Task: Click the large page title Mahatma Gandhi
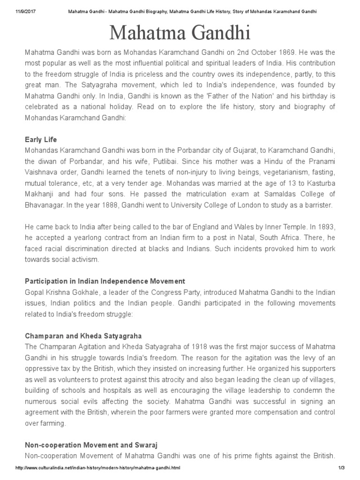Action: coord(180,34)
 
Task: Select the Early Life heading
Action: coord(40,140)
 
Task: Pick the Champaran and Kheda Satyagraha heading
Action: coord(83,336)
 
